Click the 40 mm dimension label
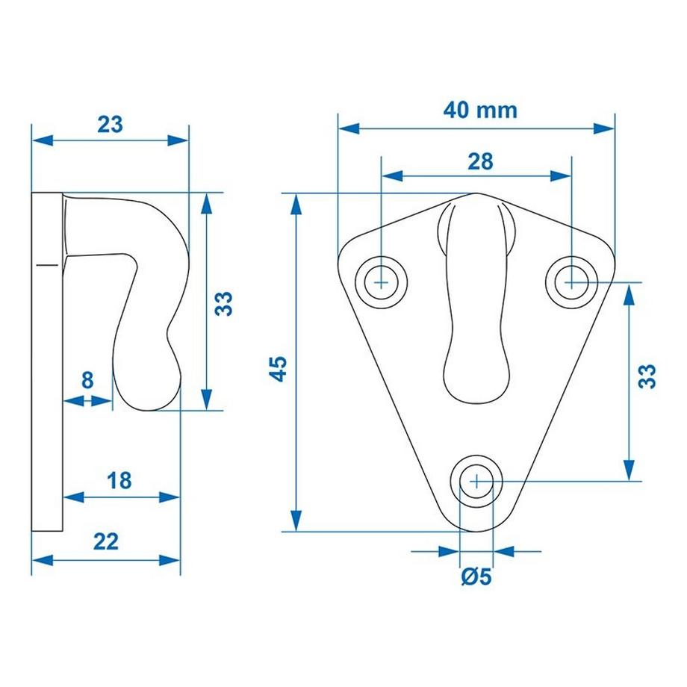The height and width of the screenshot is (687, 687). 479,111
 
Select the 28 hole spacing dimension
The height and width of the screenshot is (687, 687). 481,161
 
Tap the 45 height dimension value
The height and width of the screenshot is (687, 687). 278,369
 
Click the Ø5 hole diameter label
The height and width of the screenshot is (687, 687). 476,576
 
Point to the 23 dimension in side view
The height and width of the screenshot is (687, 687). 110,124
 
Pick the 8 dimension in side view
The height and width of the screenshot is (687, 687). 87,380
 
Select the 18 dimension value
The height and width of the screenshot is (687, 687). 119,480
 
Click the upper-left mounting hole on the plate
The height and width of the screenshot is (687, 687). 382,282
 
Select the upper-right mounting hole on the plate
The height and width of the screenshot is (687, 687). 571,282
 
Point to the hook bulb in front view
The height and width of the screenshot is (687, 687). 476,373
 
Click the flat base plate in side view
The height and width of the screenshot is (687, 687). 48,362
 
